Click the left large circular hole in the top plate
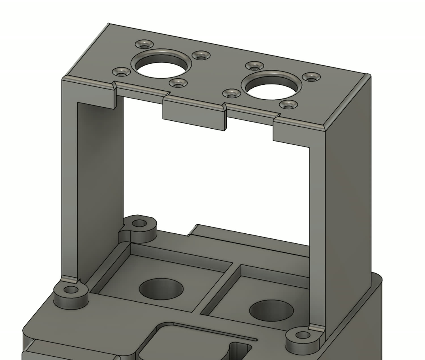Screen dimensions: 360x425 point(160,67)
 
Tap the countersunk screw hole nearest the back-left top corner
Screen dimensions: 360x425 point(144,44)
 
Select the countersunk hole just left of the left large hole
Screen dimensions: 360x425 point(122,72)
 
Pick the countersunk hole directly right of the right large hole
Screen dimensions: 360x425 point(311,77)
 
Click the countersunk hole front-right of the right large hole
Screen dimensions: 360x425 point(288,105)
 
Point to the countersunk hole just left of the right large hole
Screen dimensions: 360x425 point(231,93)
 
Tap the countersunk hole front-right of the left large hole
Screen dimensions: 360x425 point(178,83)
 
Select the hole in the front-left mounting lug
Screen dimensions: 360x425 point(71,290)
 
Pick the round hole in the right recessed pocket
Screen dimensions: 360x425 point(271,310)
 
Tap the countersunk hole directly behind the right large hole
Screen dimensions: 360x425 point(254,66)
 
